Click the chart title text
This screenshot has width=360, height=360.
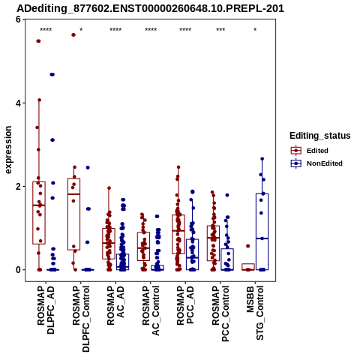point(150,8)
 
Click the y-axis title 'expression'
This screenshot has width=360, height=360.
point(8,150)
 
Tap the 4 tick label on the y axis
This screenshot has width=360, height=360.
point(18,103)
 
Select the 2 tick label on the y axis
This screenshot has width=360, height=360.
point(18,187)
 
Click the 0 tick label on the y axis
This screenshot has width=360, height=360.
point(18,270)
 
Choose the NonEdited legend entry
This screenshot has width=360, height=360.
point(316,163)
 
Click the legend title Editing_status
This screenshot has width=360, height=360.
point(320,136)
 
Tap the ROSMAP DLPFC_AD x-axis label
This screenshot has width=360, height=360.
point(46,310)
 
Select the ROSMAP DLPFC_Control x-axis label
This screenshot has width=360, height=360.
point(81,319)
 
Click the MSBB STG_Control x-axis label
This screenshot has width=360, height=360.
point(255,313)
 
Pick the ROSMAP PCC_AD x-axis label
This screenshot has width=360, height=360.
point(185,305)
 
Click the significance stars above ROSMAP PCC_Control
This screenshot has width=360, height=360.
point(220,30)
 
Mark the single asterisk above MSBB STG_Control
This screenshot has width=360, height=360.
point(255,30)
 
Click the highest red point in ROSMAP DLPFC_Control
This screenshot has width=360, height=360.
point(73,35)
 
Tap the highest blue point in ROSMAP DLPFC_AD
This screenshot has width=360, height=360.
point(52,74)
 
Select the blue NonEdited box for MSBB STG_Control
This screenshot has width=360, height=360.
point(262,232)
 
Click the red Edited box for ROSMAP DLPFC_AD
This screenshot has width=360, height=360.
point(39,213)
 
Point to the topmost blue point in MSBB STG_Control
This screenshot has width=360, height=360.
point(262,159)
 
